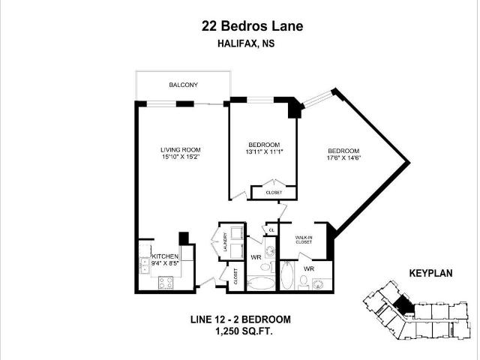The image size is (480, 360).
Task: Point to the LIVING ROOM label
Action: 180,148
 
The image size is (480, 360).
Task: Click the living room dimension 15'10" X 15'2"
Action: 180,157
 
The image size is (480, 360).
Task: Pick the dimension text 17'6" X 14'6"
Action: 343,157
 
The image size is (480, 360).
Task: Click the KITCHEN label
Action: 164,256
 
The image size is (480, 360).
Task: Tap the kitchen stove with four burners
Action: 165,283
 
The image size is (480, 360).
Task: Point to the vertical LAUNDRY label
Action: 224,243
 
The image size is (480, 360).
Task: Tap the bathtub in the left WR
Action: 261,283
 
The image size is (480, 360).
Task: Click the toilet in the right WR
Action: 303,281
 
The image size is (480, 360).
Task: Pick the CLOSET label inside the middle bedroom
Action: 274,193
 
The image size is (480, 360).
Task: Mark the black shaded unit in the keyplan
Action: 404,304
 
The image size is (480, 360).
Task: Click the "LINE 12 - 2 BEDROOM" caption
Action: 240,319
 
